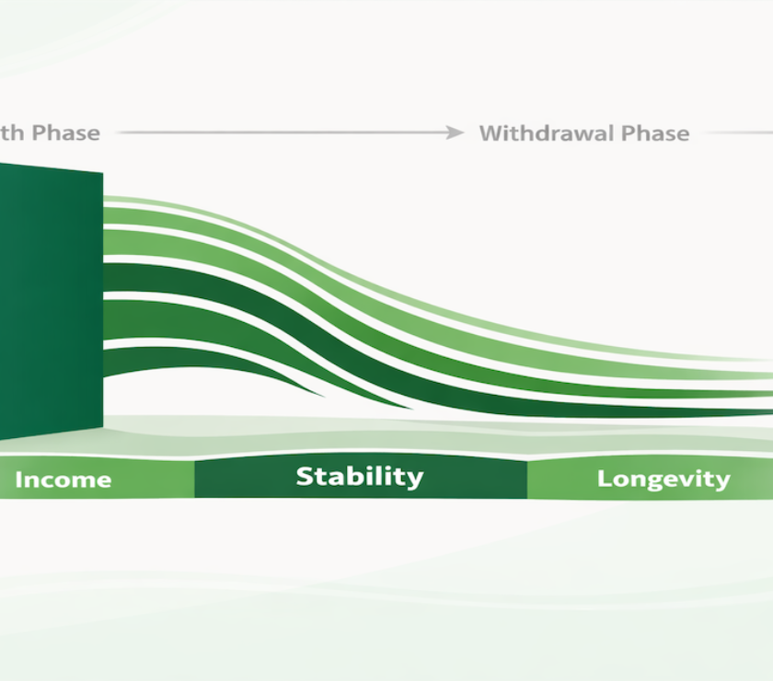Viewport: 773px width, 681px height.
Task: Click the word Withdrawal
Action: pos(546,133)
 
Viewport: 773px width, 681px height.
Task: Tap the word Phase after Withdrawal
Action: pos(654,133)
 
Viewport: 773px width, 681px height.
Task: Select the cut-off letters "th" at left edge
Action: pos(13,133)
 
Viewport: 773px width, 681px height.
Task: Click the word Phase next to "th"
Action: pos(65,133)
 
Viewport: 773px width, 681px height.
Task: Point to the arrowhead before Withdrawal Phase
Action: pos(456,133)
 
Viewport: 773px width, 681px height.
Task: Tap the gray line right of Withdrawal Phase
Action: pos(741,133)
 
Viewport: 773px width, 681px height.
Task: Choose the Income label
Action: pos(63,479)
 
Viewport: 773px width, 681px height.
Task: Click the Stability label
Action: pos(359,477)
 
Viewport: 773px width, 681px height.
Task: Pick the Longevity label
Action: pos(663,479)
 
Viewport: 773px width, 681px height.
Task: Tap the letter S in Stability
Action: pos(305,477)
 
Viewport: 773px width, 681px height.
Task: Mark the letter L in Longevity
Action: pos(604,479)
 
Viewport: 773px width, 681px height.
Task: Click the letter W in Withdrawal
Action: pos(491,133)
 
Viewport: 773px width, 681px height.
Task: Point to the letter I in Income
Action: pos(18,479)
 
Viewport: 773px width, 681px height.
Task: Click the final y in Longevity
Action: pos(723,481)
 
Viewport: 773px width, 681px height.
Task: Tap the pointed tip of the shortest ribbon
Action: pos(322,396)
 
